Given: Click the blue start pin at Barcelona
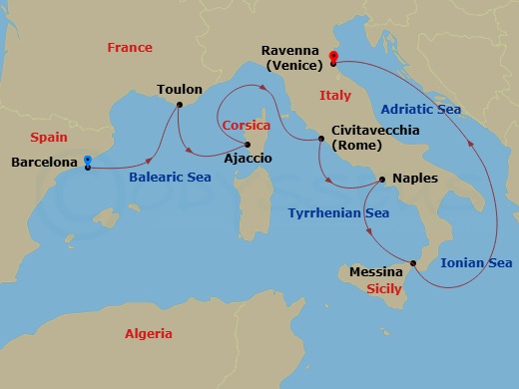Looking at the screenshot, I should click(x=88, y=161).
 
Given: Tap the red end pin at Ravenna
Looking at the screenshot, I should click(x=333, y=58).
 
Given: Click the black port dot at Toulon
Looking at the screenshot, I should click(x=179, y=104).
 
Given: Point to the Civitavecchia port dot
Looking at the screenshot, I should click(x=320, y=139).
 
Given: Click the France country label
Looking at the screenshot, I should click(x=131, y=48).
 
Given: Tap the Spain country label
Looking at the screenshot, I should click(x=49, y=137).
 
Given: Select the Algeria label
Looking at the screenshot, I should click(x=149, y=334).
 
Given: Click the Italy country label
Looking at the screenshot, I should click(x=335, y=95).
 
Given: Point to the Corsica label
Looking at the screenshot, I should click(x=247, y=127).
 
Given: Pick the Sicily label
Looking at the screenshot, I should click(x=384, y=288).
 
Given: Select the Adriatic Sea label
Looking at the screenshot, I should click(x=421, y=109).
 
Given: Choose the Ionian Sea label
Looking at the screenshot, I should click(x=476, y=263).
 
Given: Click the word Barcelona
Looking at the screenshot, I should click(x=44, y=161).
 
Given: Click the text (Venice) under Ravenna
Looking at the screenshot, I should click(x=291, y=65).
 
